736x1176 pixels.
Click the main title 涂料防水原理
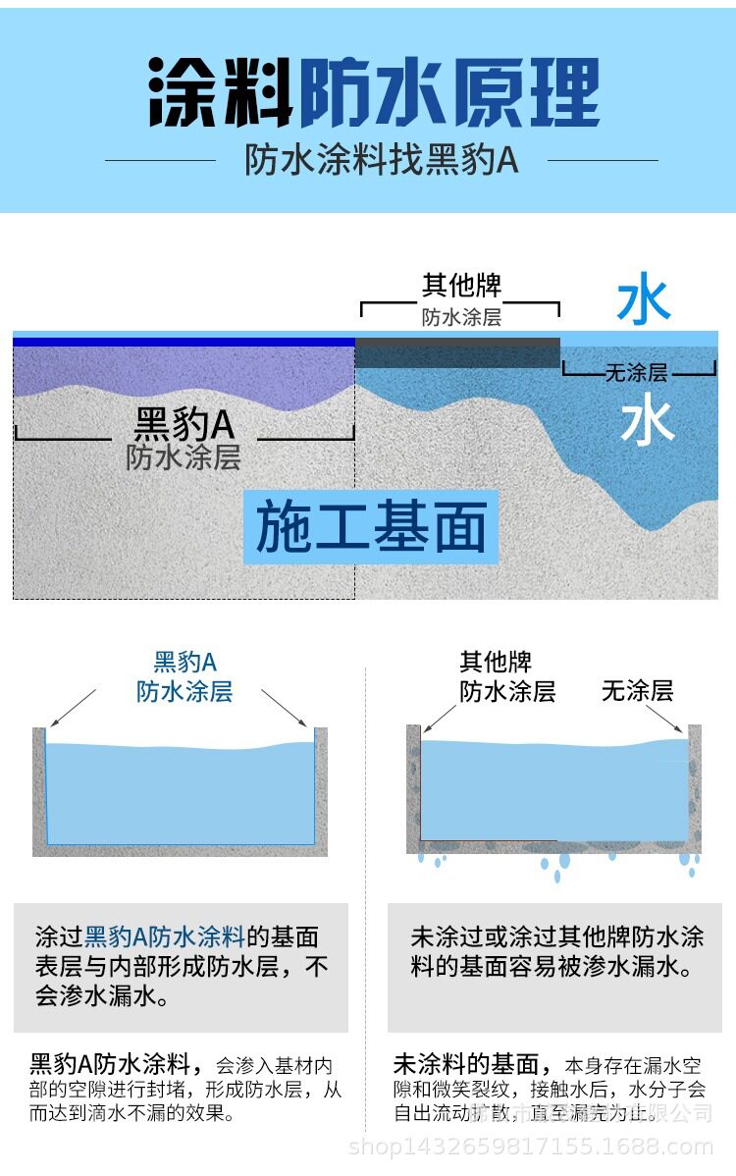click(x=374, y=93)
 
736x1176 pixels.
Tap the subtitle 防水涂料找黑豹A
click(x=381, y=160)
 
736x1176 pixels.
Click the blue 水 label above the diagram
click(x=644, y=302)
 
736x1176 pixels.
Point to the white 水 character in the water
click(x=647, y=423)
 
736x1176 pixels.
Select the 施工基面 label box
click(x=371, y=527)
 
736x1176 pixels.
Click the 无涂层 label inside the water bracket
click(x=636, y=373)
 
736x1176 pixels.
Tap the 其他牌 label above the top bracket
click(x=461, y=286)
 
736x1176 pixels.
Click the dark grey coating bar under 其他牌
click(x=457, y=352)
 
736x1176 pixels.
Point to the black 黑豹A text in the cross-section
click(x=184, y=425)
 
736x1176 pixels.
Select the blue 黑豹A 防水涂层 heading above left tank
click(x=184, y=676)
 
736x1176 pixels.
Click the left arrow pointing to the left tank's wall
click(x=71, y=707)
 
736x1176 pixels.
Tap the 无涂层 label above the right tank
click(x=637, y=691)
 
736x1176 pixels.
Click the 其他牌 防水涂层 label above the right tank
click(x=507, y=676)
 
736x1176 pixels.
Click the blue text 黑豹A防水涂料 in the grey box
click(x=165, y=935)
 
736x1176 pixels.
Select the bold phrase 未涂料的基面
click(x=466, y=1063)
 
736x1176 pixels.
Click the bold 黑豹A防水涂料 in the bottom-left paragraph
click(x=116, y=1063)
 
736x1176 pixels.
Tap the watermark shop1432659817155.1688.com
click(x=531, y=1147)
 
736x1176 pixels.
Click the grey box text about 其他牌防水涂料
click(x=556, y=951)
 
